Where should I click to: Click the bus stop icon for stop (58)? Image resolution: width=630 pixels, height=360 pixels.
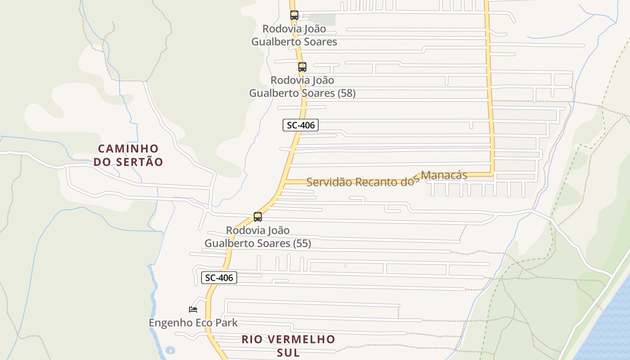pyautogui.click(x=302, y=67)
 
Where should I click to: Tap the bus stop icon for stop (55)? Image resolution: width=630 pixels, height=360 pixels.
pyautogui.click(x=258, y=217)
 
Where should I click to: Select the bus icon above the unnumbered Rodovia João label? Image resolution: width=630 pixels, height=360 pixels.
pyautogui.click(x=294, y=15)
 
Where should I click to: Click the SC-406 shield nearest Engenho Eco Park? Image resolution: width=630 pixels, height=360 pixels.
pyautogui.click(x=219, y=278)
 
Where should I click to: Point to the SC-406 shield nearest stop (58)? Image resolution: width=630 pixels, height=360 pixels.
pyautogui.click(x=301, y=125)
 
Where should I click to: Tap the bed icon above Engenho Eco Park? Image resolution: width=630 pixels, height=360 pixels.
pyautogui.click(x=193, y=309)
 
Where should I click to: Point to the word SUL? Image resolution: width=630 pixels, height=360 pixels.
pyautogui.click(x=288, y=353)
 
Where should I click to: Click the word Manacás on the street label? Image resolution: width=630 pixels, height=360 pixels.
pyautogui.click(x=444, y=175)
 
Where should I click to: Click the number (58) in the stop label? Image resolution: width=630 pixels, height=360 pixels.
pyautogui.click(x=346, y=93)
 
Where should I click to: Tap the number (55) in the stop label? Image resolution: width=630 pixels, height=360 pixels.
pyautogui.click(x=302, y=243)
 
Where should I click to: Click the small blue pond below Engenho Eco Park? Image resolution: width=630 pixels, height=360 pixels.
pyautogui.click(x=170, y=350)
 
